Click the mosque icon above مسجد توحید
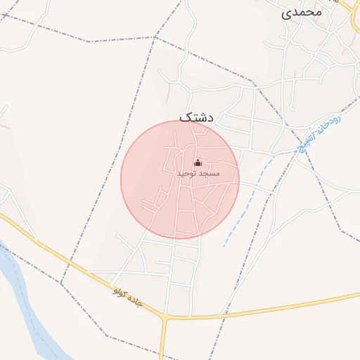[x=198, y=162]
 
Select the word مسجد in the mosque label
[x=209, y=173]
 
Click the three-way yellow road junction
[x=166, y=319]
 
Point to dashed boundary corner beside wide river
[x=61, y=284]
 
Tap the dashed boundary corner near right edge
[x=342, y=231]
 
